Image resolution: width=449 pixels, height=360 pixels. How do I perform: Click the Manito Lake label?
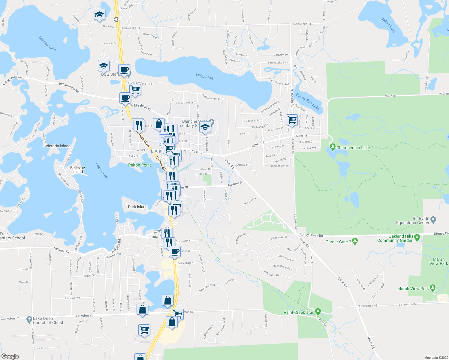pos(47,43)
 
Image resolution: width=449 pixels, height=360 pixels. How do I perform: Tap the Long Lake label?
pos(204,76)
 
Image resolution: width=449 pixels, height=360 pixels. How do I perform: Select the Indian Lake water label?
pos(389,25)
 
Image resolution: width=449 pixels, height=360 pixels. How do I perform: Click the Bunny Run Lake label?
pos(308,102)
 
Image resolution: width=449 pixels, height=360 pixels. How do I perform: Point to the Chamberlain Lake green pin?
pos(332,147)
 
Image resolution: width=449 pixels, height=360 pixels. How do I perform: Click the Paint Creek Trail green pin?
pos(318,311)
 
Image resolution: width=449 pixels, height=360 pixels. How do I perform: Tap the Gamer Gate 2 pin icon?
pos(355,241)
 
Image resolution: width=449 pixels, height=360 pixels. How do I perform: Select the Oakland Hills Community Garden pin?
pos(417,238)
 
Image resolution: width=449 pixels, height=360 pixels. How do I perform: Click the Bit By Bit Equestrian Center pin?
pos(433,220)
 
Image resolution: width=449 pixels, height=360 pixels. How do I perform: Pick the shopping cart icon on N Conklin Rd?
pos(292,120)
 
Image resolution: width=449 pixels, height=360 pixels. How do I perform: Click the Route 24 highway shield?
pos(116,19)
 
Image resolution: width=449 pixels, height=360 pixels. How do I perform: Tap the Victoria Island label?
pos(58,146)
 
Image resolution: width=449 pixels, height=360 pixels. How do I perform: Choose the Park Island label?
pos(138,207)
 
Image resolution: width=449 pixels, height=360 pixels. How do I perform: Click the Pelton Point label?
pos(140,165)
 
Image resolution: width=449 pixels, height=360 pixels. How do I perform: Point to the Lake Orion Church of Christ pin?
pos(29,319)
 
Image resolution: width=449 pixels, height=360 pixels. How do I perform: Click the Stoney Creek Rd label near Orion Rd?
pos(311,235)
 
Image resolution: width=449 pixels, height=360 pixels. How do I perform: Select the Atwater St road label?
pos(235,184)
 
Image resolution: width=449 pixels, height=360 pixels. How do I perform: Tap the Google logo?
pos(10,356)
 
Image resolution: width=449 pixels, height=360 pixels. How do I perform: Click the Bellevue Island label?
pos(77,170)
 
